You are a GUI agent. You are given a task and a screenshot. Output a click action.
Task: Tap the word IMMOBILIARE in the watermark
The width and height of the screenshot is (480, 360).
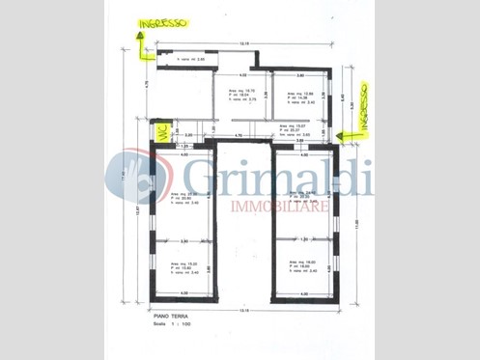280,207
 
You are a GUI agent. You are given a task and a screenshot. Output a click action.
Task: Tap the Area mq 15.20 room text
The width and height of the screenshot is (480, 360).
185,267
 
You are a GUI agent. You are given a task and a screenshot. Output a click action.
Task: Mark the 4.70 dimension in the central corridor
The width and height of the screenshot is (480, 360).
240,135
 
